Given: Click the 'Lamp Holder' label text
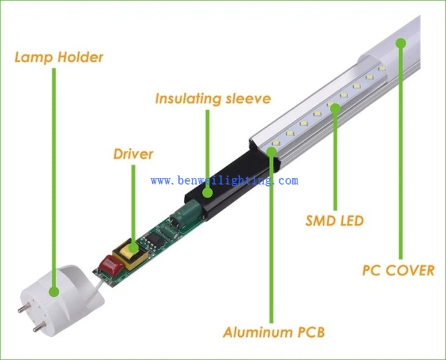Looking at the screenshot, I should pyautogui.click(x=59, y=57).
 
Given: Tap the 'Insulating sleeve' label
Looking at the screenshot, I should pyautogui.click(x=212, y=98).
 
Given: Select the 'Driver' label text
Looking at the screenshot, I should pyautogui.click(x=133, y=153).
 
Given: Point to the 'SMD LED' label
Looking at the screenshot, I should pyautogui.click(x=334, y=220).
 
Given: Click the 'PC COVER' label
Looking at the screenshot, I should pyautogui.click(x=398, y=270).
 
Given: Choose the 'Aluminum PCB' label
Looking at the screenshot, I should pyautogui.click(x=273, y=332).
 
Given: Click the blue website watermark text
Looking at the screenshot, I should pyautogui.click(x=224, y=180).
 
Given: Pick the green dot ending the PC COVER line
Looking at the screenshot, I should pyautogui.click(x=401, y=42).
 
